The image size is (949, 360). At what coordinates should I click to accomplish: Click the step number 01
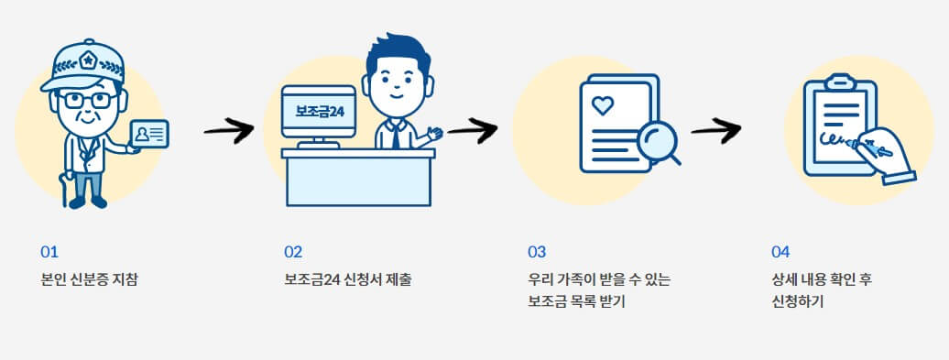click(49, 251)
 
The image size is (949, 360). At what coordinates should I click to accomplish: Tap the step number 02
click(293, 251)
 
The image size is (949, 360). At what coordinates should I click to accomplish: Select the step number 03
click(537, 251)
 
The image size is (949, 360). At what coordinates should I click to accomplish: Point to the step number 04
click(780, 251)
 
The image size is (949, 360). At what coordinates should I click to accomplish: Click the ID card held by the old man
click(149, 135)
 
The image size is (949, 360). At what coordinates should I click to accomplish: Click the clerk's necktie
click(395, 136)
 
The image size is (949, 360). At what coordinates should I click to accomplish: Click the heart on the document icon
click(602, 105)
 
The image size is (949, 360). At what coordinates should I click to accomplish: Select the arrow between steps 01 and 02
click(228, 130)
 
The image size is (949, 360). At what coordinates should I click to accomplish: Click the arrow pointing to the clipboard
click(715, 130)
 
